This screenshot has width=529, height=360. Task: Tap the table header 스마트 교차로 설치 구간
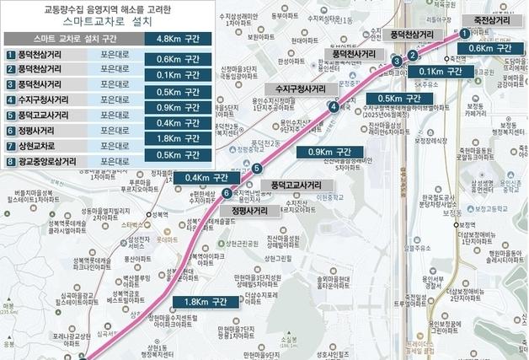(72, 39)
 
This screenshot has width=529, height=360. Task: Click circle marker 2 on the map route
(412, 56)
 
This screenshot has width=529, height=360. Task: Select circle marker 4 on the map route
(334, 106)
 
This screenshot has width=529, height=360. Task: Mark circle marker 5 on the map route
(256, 169)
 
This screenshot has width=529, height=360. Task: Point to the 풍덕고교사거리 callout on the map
(296, 184)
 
